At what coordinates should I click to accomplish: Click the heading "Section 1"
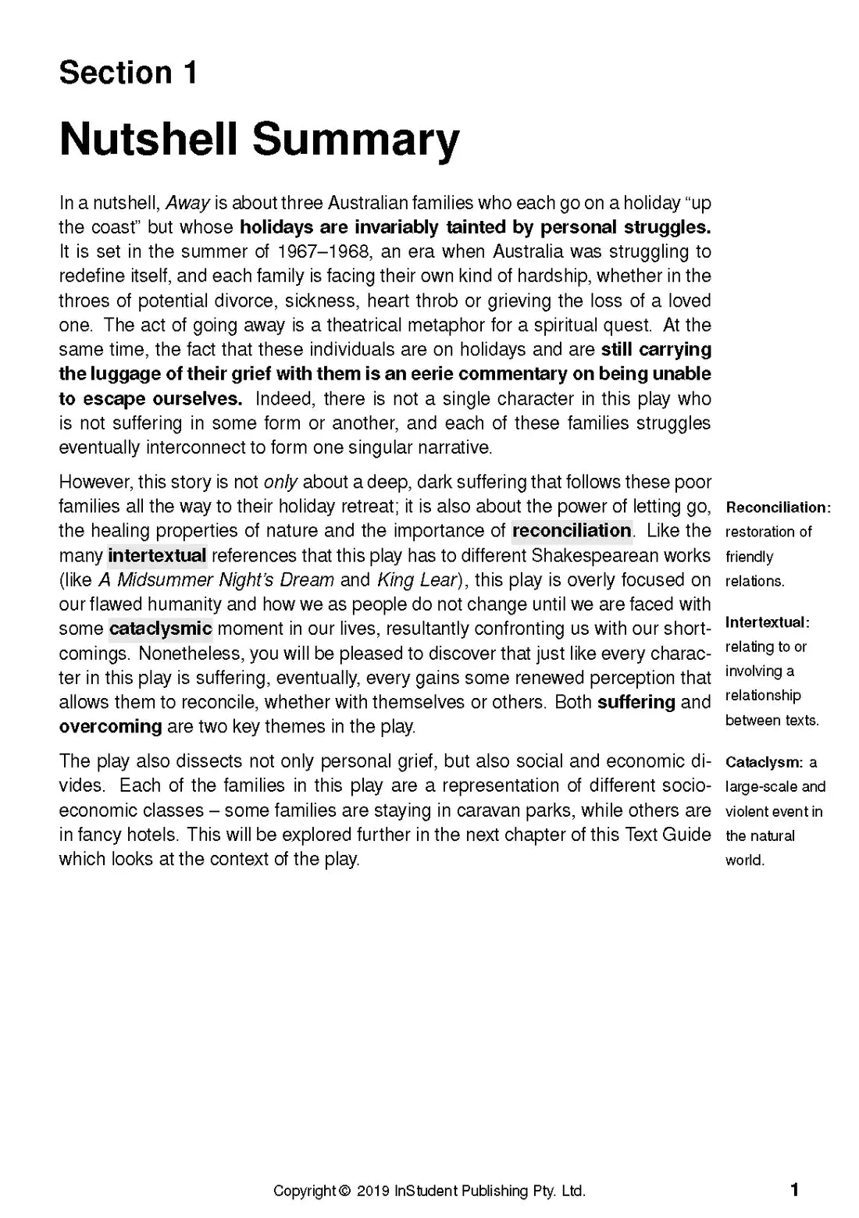tap(128, 73)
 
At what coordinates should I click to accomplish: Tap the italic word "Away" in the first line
tap(187, 203)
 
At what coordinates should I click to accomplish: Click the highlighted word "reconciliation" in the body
tap(572, 531)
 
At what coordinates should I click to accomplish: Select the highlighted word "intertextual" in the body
tap(157, 556)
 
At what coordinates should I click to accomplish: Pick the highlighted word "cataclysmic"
tap(160, 629)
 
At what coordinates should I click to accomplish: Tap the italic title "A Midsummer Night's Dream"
tap(216, 580)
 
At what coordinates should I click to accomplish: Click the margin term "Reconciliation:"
tap(778, 507)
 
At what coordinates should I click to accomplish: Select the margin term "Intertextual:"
tap(767, 622)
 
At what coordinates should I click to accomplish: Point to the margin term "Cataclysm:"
tap(764, 762)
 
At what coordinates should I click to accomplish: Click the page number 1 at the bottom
tap(794, 1190)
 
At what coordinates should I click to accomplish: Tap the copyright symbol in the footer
tap(345, 1191)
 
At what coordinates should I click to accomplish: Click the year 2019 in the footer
tap(373, 1191)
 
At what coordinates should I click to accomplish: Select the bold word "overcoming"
tap(110, 727)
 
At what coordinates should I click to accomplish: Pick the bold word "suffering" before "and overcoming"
tap(636, 702)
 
